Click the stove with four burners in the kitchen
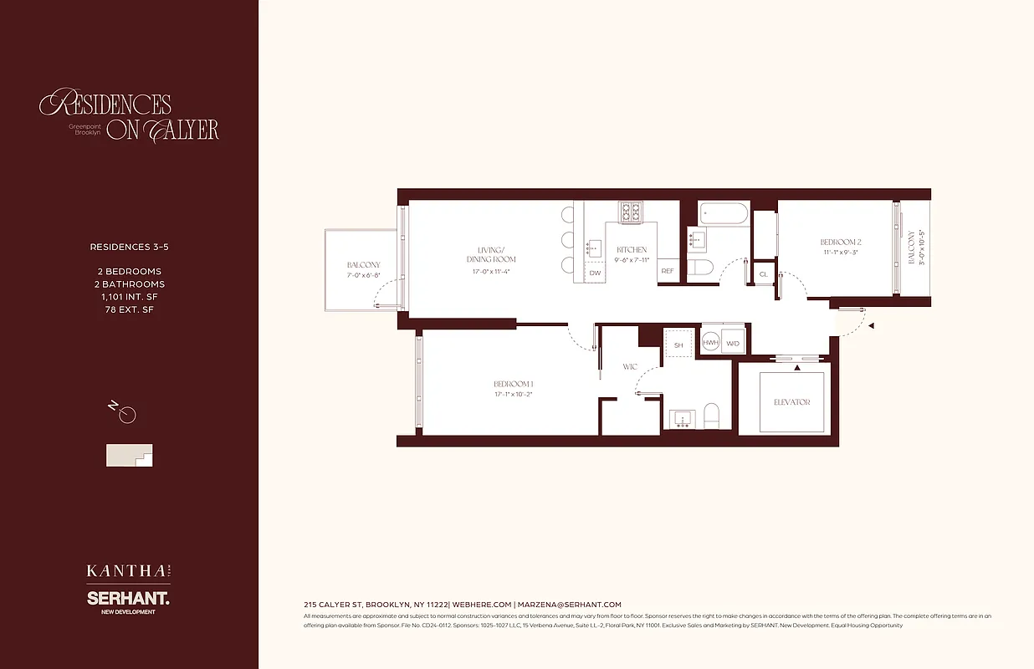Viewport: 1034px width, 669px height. [631, 212]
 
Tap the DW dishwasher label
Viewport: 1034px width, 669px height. [595, 273]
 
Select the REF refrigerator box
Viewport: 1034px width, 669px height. [668, 272]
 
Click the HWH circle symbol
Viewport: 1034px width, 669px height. [710, 343]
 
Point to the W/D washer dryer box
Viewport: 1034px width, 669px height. [733, 343]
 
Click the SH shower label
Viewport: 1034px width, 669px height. [678, 344]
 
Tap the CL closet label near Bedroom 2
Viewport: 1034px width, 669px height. [763, 274]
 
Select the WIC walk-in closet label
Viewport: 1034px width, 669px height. [630, 367]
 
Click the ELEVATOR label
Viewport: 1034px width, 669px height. [791, 402]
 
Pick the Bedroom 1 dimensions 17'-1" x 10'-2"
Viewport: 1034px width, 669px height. [513, 393]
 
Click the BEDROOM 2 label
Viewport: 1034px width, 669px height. [840, 243]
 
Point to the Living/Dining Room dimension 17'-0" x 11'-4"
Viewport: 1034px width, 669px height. [490, 271]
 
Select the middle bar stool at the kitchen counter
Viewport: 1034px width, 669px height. [566, 240]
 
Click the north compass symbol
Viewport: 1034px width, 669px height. [126, 414]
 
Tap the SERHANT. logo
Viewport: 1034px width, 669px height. [128, 599]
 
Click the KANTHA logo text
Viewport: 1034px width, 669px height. [125, 571]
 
